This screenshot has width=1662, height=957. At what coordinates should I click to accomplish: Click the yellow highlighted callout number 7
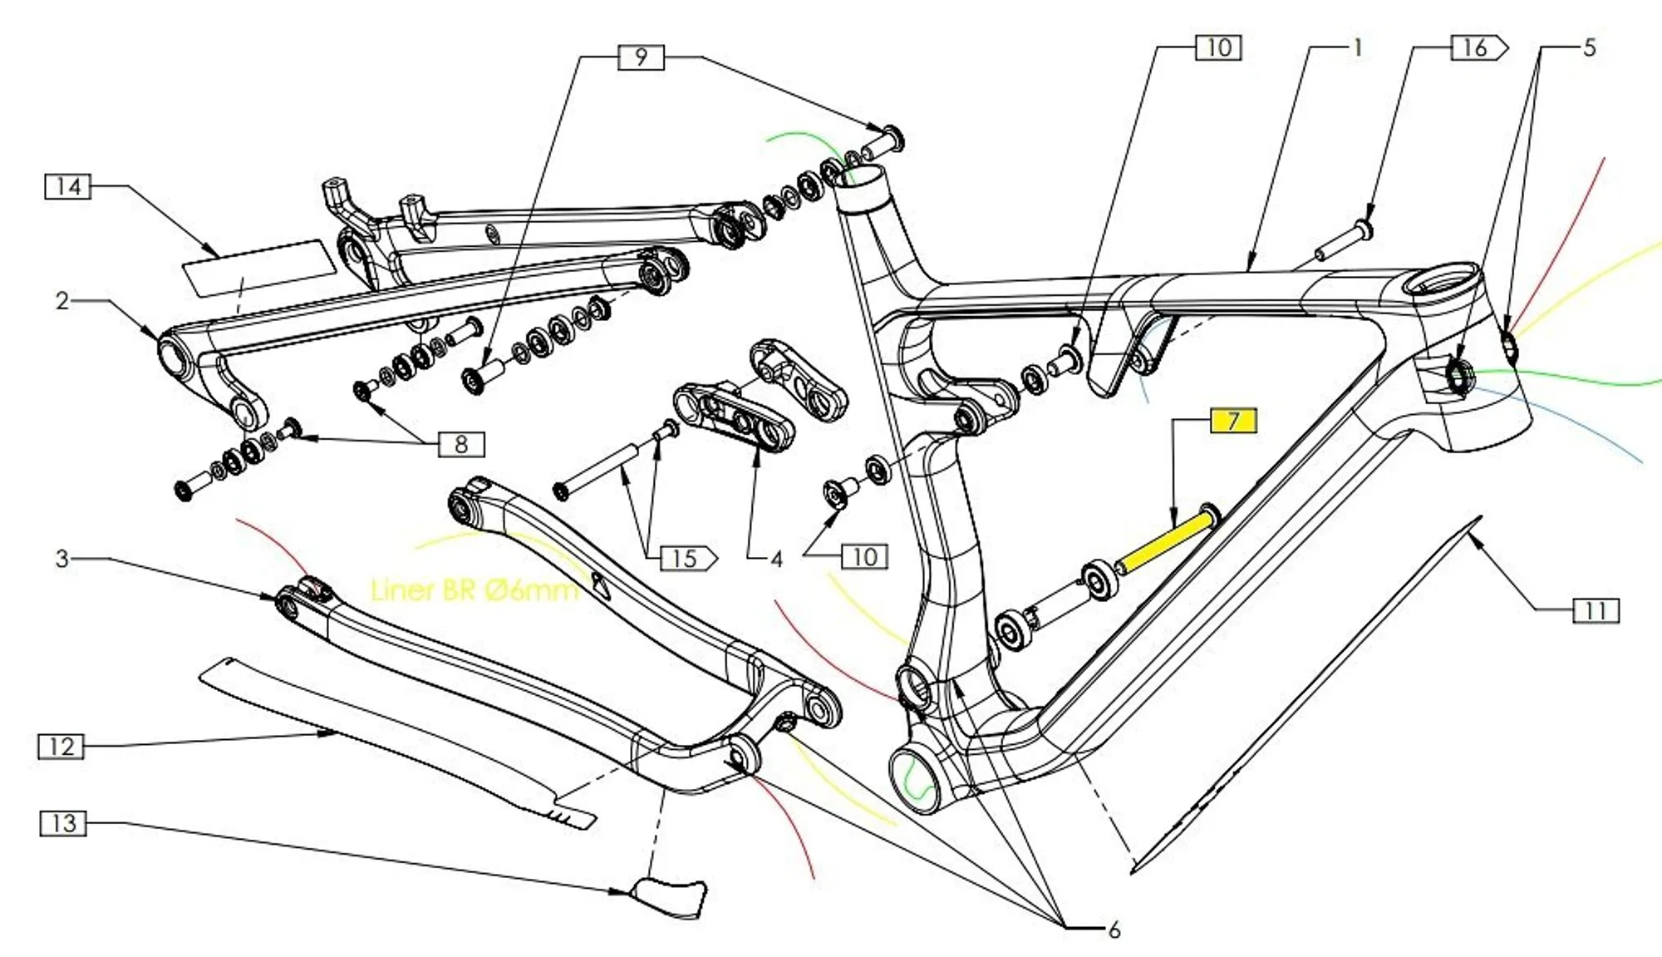click(x=1233, y=421)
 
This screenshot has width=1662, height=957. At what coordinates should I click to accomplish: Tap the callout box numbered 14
click(x=67, y=186)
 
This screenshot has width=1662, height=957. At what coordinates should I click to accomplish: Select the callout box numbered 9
click(x=641, y=57)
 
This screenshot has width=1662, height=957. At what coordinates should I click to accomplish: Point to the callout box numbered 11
click(x=1596, y=611)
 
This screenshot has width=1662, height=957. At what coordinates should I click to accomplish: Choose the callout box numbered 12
click(x=61, y=746)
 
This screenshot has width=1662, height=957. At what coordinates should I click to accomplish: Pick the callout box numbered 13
click(x=63, y=823)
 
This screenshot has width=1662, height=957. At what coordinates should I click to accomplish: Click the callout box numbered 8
click(x=461, y=444)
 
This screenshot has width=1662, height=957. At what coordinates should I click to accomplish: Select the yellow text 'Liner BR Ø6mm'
click(x=474, y=590)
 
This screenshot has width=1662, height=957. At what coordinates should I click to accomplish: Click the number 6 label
click(x=1114, y=930)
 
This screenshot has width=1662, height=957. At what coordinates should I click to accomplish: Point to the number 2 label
click(x=62, y=300)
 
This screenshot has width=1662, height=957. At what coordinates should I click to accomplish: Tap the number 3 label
click(x=62, y=558)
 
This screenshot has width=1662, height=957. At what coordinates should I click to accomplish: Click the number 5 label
click(x=1589, y=47)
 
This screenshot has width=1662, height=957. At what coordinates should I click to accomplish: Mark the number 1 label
click(x=1358, y=48)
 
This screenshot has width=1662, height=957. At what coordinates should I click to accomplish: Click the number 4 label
click(x=776, y=559)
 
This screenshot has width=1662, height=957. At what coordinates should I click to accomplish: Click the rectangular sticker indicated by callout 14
click(x=258, y=266)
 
